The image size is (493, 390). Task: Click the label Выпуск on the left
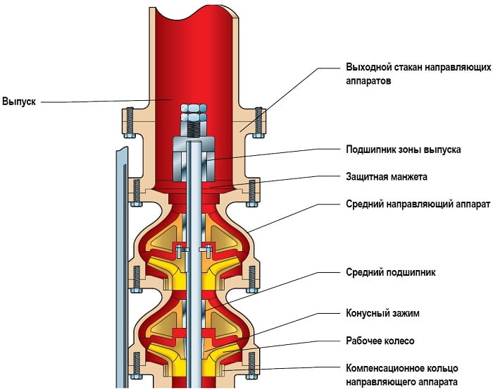(x=18, y=101)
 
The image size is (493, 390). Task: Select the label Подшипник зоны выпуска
(x=404, y=150)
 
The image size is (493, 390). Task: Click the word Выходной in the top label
(x=368, y=68)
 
